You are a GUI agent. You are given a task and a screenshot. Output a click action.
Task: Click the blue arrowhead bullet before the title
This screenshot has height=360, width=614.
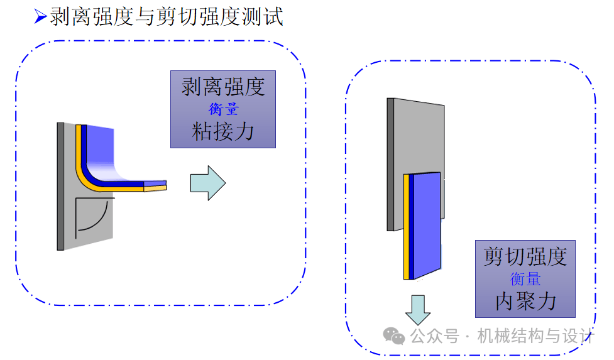41,18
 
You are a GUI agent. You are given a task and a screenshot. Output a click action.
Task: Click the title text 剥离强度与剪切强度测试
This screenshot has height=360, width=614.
167,17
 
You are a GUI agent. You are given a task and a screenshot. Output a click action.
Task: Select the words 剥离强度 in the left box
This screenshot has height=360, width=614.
223,87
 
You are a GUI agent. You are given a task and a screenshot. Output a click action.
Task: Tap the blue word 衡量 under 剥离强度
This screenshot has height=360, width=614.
223,109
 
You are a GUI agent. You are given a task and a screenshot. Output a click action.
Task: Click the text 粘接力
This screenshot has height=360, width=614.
223,131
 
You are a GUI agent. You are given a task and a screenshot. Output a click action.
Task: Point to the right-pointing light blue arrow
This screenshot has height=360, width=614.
208,183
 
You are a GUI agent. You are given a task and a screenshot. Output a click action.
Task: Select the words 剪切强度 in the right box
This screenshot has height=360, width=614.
525,256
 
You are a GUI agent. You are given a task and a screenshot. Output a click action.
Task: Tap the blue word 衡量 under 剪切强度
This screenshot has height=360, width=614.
525,278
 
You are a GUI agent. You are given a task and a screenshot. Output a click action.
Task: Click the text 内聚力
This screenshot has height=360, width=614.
525,301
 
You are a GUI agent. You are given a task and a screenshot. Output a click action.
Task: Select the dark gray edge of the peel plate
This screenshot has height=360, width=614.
60,185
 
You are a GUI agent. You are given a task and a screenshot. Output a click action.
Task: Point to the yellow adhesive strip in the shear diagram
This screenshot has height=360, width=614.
407,226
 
